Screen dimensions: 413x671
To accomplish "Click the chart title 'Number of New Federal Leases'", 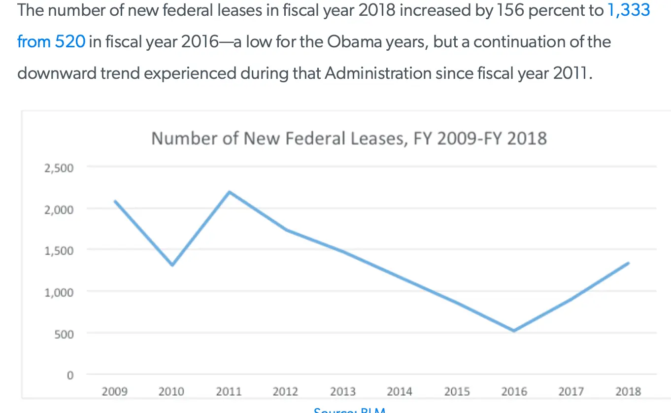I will pyautogui.click(x=349, y=138).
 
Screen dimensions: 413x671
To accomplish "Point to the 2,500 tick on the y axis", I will pyautogui.click(x=59, y=168).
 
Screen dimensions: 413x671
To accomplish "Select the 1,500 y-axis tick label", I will pyautogui.click(x=59, y=251).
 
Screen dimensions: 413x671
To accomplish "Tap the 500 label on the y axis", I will pyautogui.click(x=63, y=334).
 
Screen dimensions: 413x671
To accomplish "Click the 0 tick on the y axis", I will pyautogui.click(x=70, y=376).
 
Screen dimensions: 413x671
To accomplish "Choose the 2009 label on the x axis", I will pyautogui.click(x=114, y=392).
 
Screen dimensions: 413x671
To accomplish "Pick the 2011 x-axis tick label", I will pyautogui.click(x=229, y=392).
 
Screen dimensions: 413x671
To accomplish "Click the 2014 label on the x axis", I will pyautogui.click(x=400, y=392).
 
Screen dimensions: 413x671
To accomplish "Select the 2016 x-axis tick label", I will pyautogui.click(x=514, y=392).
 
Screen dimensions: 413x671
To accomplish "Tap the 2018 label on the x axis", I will pyautogui.click(x=628, y=392).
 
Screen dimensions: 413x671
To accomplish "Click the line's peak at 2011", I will pyautogui.click(x=230, y=192).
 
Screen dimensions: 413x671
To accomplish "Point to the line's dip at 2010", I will pyautogui.click(x=172, y=265).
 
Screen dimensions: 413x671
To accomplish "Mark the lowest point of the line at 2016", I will pyautogui.click(x=514, y=331).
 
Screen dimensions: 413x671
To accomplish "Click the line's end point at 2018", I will pyautogui.click(x=629, y=263).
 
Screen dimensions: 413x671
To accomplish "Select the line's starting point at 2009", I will pyautogui.click(x=115, y=201).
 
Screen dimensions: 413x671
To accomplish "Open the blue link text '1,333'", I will pyautogui.click(x=629, y=10).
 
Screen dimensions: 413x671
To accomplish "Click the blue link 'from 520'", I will pyautogui.click(x=51, y=41).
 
